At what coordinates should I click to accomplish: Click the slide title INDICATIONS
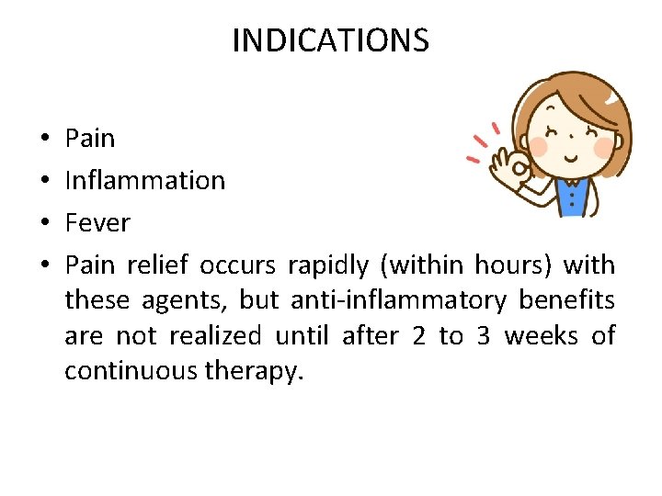pos(330,40)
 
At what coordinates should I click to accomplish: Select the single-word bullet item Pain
pos(90,139)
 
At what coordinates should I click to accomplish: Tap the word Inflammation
pos(144,181)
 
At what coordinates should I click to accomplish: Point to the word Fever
pos(97,223)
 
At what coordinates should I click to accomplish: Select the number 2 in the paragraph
pos(419,336)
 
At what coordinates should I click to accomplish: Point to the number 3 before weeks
pos(484,336)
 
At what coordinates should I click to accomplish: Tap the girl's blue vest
pos(572,197)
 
